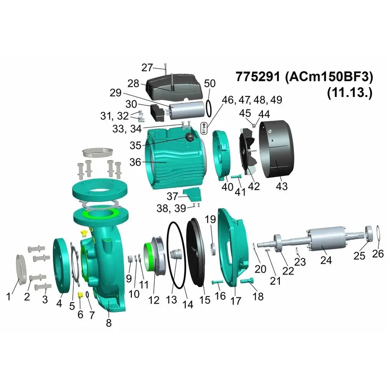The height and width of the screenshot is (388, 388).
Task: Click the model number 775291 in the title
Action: click(258, 77)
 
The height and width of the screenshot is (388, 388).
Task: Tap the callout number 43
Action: click(282, 186)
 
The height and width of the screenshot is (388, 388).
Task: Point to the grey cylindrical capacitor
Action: click(187, 111)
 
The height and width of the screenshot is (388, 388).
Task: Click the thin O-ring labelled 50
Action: click(209, 108)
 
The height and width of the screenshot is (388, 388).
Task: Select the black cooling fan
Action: click(248, 150)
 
